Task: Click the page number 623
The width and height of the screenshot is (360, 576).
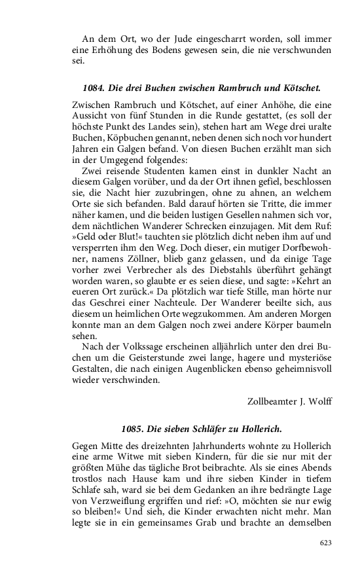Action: [x=325, y=543]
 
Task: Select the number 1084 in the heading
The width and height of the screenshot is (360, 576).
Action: [x=94, y=87]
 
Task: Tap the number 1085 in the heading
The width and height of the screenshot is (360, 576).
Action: [x=133, y=429]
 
